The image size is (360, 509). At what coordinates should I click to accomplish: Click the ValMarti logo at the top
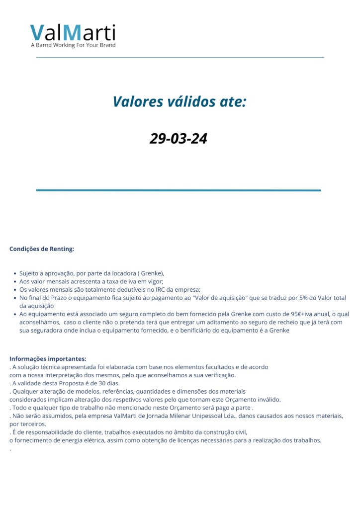[73, 33]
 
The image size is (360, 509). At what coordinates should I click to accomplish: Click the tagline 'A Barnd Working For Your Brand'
[73, 45]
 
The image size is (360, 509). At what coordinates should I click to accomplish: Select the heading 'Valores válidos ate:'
[179, 102]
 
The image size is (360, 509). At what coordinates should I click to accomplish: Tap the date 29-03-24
[178, 138]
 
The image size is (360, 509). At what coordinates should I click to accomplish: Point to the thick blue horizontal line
[179, 190]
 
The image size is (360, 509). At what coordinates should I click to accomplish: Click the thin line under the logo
[180, 58]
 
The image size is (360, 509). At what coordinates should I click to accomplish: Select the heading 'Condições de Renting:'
[42, 249]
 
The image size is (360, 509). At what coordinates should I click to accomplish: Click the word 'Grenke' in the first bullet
[150, 273]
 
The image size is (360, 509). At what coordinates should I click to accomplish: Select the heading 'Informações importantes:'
[48, 359]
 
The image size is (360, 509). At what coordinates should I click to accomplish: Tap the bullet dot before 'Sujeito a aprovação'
[14, 273]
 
